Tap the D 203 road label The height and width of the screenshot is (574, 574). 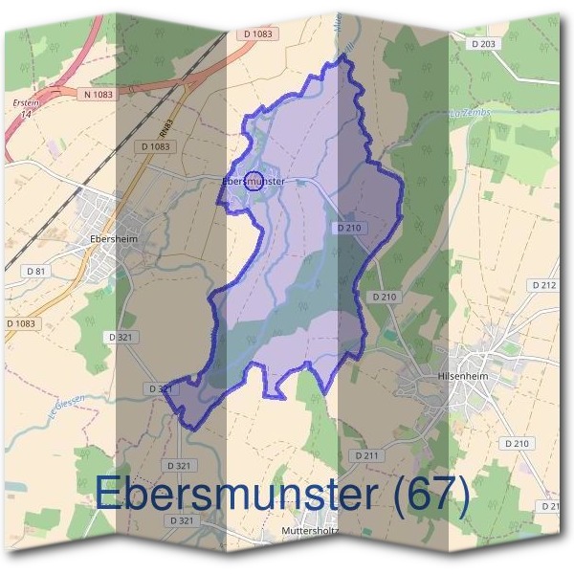click(x=484, y=44)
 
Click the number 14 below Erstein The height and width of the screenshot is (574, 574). click(x=23, y=114)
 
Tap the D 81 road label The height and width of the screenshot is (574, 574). click(x=36, y=272)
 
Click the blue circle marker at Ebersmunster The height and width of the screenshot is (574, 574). click(x=254, y=180)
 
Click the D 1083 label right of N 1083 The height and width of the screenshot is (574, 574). click(x=254, y=34)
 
